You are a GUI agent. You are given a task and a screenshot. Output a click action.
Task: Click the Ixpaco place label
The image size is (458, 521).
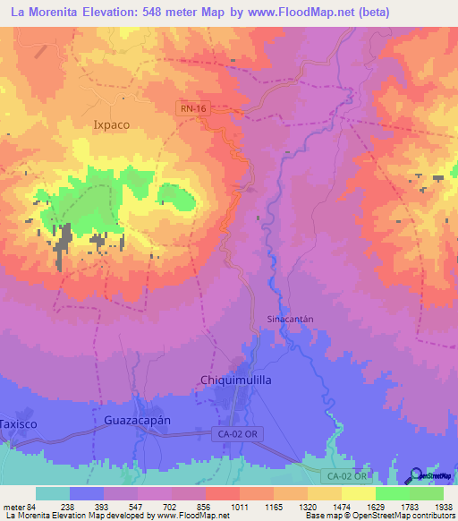pyautogui.click(x=112, y=126)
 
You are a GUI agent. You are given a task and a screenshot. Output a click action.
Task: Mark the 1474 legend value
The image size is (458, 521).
pyautogui.click(x=327, y=506)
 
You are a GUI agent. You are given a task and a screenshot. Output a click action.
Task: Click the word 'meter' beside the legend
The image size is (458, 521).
pyautogui.click(x=15, y=506)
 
